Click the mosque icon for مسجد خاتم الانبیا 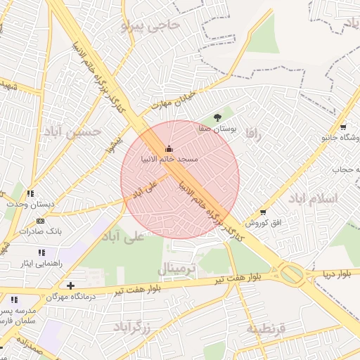pyautogui.click(x=168, y=148)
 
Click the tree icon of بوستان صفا pyautogui.click(x=217, y=118)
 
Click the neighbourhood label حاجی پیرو pyautogui.click(x=150, y=26)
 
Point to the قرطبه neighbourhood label pyautogui.click(x=266, y=328)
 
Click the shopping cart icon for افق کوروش pyautogui.click(x=263, y=212)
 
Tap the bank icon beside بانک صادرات pyautogui.click(x=39, y=221)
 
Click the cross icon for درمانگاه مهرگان pyautogui.click(x=70, y=285)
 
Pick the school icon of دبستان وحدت pyautogui.click(x=30, y=193)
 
